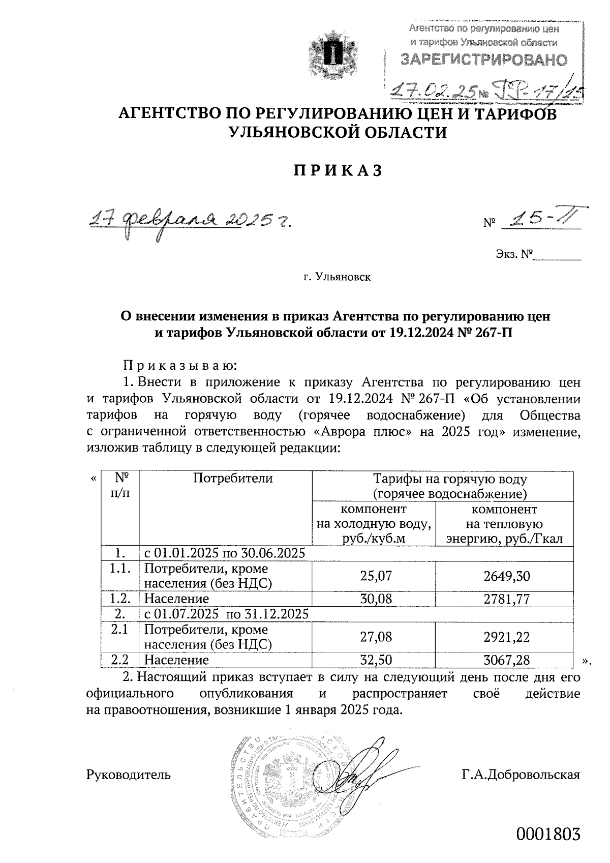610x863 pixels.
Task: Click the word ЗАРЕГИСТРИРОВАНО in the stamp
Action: click(483, 60)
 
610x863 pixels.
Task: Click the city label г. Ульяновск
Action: click(337, 278)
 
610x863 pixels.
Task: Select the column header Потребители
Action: click(232, 479)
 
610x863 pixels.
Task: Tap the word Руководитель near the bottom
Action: click(129, 775)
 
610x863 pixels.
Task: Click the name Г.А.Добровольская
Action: click(521, 775)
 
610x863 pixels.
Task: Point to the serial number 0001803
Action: click(548, 835)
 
